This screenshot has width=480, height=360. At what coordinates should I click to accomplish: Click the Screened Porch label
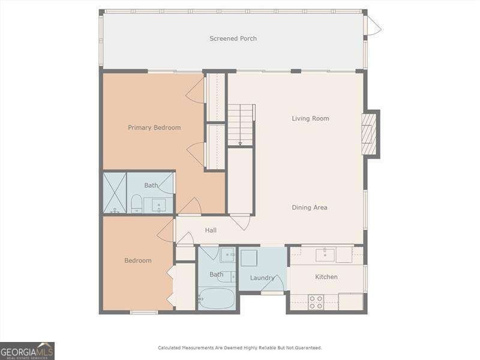(x=233, y=38)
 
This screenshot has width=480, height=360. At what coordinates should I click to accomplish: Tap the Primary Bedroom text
(x=154, y=127)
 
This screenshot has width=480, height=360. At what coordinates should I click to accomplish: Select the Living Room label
(x=310, y=118)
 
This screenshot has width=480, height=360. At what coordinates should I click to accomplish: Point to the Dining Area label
(x=310, y=208)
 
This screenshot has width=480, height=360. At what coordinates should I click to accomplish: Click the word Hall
(x=211, y=230)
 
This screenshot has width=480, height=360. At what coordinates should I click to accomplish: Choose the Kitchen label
(x=326, y=277)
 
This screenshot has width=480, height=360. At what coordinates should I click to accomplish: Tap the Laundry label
(x=262, y=278)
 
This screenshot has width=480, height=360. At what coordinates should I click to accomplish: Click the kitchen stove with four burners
(x=316, y=301)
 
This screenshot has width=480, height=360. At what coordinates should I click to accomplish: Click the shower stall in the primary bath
(x=114, y=193)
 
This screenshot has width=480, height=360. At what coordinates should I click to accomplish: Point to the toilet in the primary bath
(x=136, y=203)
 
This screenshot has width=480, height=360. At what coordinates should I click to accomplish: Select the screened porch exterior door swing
(x=373, y=25)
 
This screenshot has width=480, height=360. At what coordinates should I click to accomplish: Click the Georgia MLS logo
(x=28, y=350)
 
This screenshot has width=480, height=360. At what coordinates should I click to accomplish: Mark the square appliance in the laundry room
(x=250, y=258)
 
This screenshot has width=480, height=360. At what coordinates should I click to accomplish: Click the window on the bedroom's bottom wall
(x=144, y=312)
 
